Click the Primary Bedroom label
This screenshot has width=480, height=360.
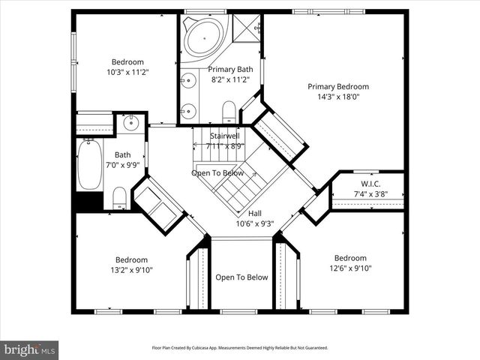[337, 86]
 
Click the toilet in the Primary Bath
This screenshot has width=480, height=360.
[229, 111]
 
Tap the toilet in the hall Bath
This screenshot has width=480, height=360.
[118, 197]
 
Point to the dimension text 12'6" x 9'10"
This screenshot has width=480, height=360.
[349, 268]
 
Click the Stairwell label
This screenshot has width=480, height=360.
[225, 136]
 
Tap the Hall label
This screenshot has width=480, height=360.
[255, 213]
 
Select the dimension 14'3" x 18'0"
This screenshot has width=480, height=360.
[337, 97]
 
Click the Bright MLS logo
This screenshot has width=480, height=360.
[30, 349]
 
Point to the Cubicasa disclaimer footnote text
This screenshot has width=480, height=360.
[240, 348]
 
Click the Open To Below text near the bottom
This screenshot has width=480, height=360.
[241, 277]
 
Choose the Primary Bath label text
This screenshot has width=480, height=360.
[230, 69]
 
